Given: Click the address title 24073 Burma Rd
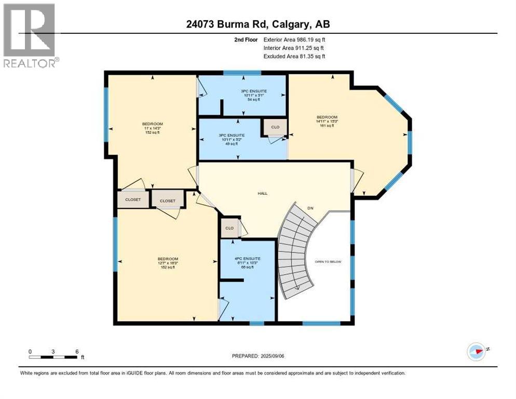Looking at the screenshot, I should (x=257, y=24).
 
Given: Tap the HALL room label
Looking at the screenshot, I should (x=262, y=193).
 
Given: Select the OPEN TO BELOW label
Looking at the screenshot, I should (x=329, y=262).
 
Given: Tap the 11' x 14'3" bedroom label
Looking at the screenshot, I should (x=153, y=127).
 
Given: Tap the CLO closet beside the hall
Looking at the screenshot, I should (x=229, y=228).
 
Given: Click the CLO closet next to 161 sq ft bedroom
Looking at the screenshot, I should (x=275, y=127).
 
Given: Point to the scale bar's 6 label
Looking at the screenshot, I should (x=77, y=351).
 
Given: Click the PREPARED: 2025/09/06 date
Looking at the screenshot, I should (x=258, y=356).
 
